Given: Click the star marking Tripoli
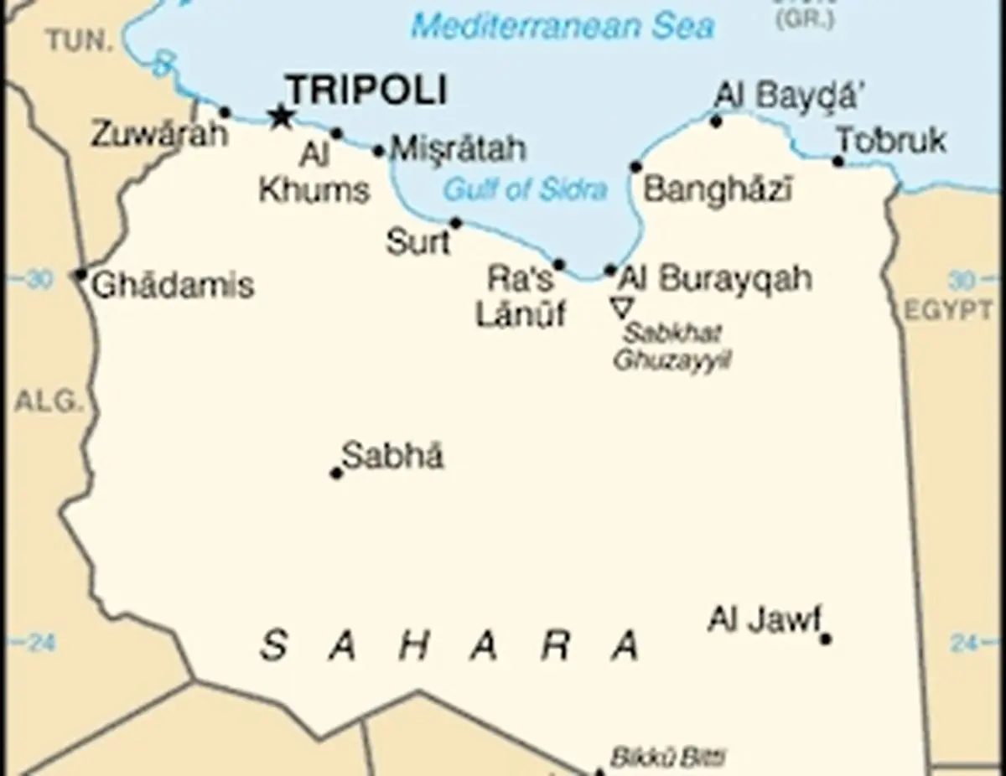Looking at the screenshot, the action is (x=280, y=116).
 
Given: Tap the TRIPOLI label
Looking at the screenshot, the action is (x=366, y=89).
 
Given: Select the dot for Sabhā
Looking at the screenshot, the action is (x=336, y=473).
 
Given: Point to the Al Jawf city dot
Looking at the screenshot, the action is (x=825, y=639).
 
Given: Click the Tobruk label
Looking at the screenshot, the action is (x=893, y=141).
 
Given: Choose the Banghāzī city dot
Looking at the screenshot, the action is (x=635, y=166).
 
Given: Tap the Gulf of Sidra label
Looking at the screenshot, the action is (x=525, y=189).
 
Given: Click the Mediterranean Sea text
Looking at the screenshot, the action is (x=563, y=26).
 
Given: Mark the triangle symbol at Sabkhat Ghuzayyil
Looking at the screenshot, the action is (x=621, y=308).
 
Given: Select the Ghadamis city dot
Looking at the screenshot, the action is (x=80, y=274).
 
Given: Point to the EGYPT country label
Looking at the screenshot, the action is (x=948, y=310).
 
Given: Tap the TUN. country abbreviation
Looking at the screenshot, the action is (x=80, y=39).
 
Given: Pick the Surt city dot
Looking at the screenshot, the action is (x=456, y=223).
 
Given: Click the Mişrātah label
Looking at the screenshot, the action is (x=459, y=149).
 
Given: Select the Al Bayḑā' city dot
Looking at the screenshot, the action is (x=716, y=122).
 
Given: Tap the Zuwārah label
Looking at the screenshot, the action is (x=158, y=134).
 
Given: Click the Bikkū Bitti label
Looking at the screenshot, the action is (x=667, y=758).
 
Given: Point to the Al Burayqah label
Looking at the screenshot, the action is (x=715, y=278).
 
